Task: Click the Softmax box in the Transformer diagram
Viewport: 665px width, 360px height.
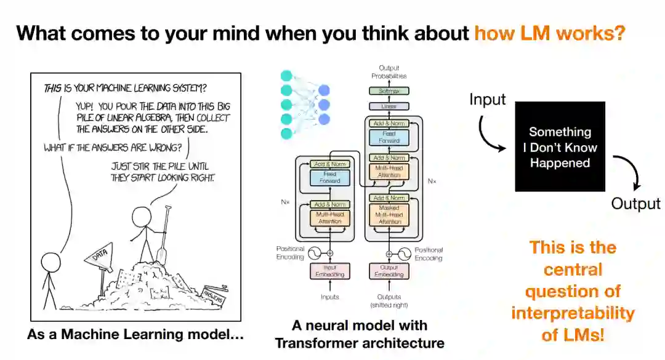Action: (x=388, y=90)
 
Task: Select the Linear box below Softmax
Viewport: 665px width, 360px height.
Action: (x=388, y=106)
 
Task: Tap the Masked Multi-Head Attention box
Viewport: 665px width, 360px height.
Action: (x=388, y=215)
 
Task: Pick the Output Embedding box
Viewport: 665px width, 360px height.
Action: (x=388, y=271)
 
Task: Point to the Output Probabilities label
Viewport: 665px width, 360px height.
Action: (x=388, y=72)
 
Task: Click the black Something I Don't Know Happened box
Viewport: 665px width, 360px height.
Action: (x=560, y=146)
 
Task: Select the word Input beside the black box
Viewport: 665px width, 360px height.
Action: (x=488, y=98)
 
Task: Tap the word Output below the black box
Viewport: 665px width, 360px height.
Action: (x=635, y=204)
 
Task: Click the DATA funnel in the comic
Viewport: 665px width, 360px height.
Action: (x=102, y=258)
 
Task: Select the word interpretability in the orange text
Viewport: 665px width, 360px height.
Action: (x=573, y=313)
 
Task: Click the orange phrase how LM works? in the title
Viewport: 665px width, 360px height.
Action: (x=550, y=33)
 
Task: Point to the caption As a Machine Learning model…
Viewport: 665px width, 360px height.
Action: (x=135, y=335)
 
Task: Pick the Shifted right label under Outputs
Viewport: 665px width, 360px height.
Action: (x=388, y=305)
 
